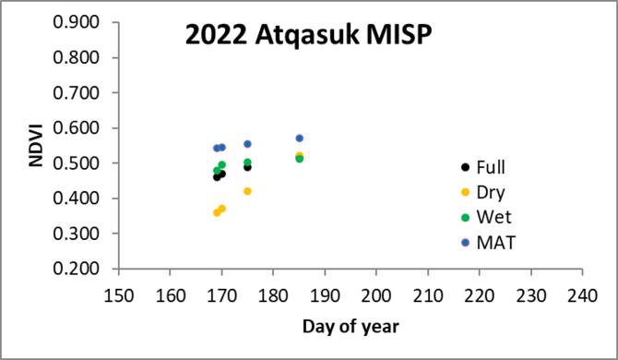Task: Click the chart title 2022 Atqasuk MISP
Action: coord(306,40)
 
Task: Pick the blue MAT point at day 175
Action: coord(247,144)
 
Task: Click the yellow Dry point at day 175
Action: coord(247,191)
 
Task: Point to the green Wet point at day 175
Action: coord(247,162)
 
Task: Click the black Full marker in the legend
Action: coord(466,168)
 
